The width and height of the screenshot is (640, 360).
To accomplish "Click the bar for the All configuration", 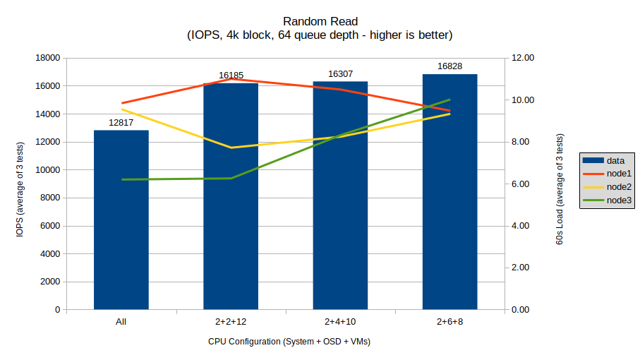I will click(121, 220).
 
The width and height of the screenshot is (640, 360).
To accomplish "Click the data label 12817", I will click(121, 122).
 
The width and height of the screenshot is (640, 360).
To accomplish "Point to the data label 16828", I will click(449, 66).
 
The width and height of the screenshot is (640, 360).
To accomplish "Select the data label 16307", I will click(340, 73).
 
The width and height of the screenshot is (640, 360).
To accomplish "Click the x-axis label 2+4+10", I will click(340, 322).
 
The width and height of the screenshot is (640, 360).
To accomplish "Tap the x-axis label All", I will click(121, 322).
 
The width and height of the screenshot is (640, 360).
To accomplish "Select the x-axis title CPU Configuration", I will click(289, 342).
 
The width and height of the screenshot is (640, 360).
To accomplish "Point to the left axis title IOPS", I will click(24, 184).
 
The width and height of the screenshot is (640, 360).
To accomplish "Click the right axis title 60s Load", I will click(560, 189).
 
